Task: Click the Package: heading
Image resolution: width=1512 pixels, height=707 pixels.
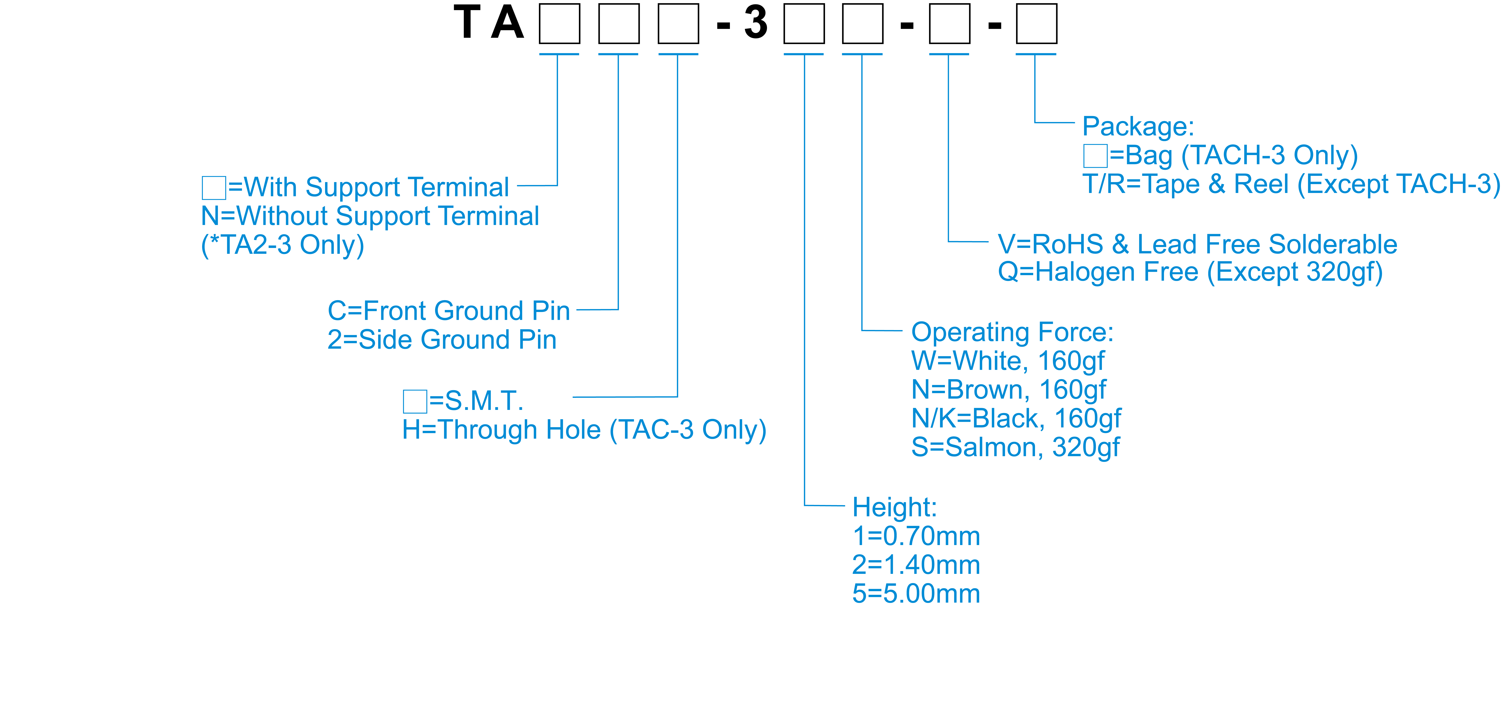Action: pos(1138,127)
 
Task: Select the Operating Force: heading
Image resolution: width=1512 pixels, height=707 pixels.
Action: pos(1012,333)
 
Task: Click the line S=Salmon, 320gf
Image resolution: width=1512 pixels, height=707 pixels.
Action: pos(1015,448)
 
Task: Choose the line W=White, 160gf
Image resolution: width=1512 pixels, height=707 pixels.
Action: pos(1007,361)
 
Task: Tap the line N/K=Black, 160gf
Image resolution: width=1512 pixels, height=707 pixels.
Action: pos(1015,419)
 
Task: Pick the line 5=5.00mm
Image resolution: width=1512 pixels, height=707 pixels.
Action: pos(916,594)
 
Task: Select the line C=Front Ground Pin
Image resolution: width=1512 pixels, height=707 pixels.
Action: pos(448,311)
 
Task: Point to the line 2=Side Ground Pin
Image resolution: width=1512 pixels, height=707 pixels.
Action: pos(441,340)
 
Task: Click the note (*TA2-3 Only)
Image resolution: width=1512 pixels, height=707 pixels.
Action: pos(282,245)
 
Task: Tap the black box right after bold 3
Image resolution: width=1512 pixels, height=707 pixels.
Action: pos(803,24)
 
